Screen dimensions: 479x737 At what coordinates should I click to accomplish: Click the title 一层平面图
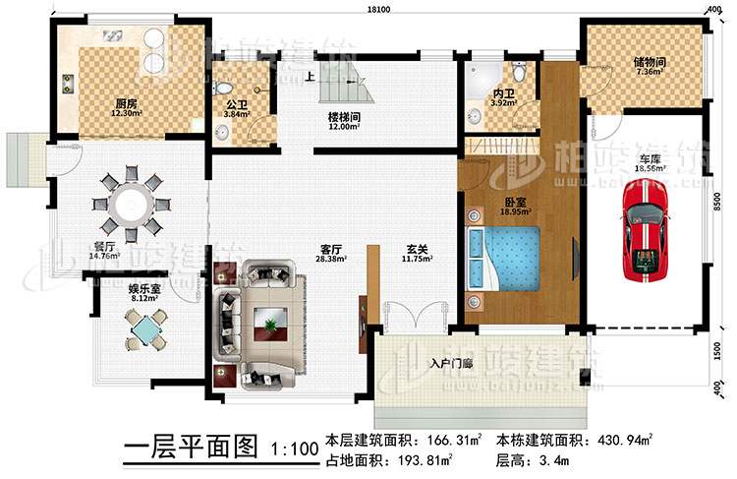(191, 449)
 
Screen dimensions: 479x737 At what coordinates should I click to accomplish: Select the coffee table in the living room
(267, 320)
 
